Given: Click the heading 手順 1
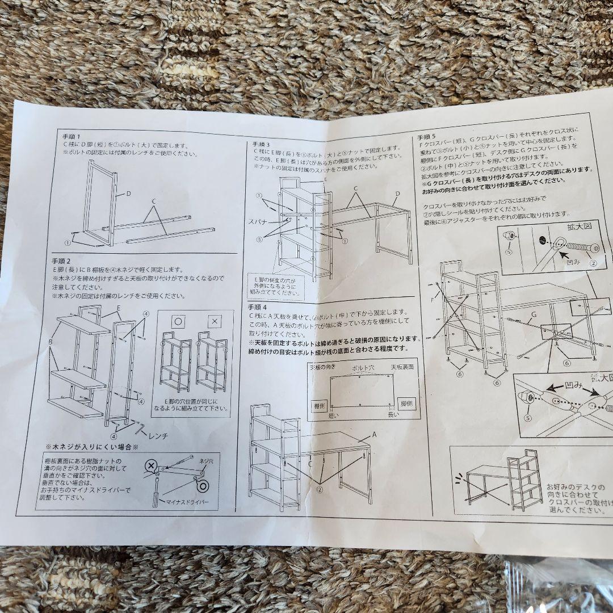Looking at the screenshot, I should [72, 137].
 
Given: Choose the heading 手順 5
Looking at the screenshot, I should [427, 137].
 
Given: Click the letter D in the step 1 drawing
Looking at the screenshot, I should [128, 194].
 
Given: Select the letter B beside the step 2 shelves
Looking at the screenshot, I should [51, 342].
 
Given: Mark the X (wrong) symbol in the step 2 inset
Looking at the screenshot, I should [214, 321].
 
